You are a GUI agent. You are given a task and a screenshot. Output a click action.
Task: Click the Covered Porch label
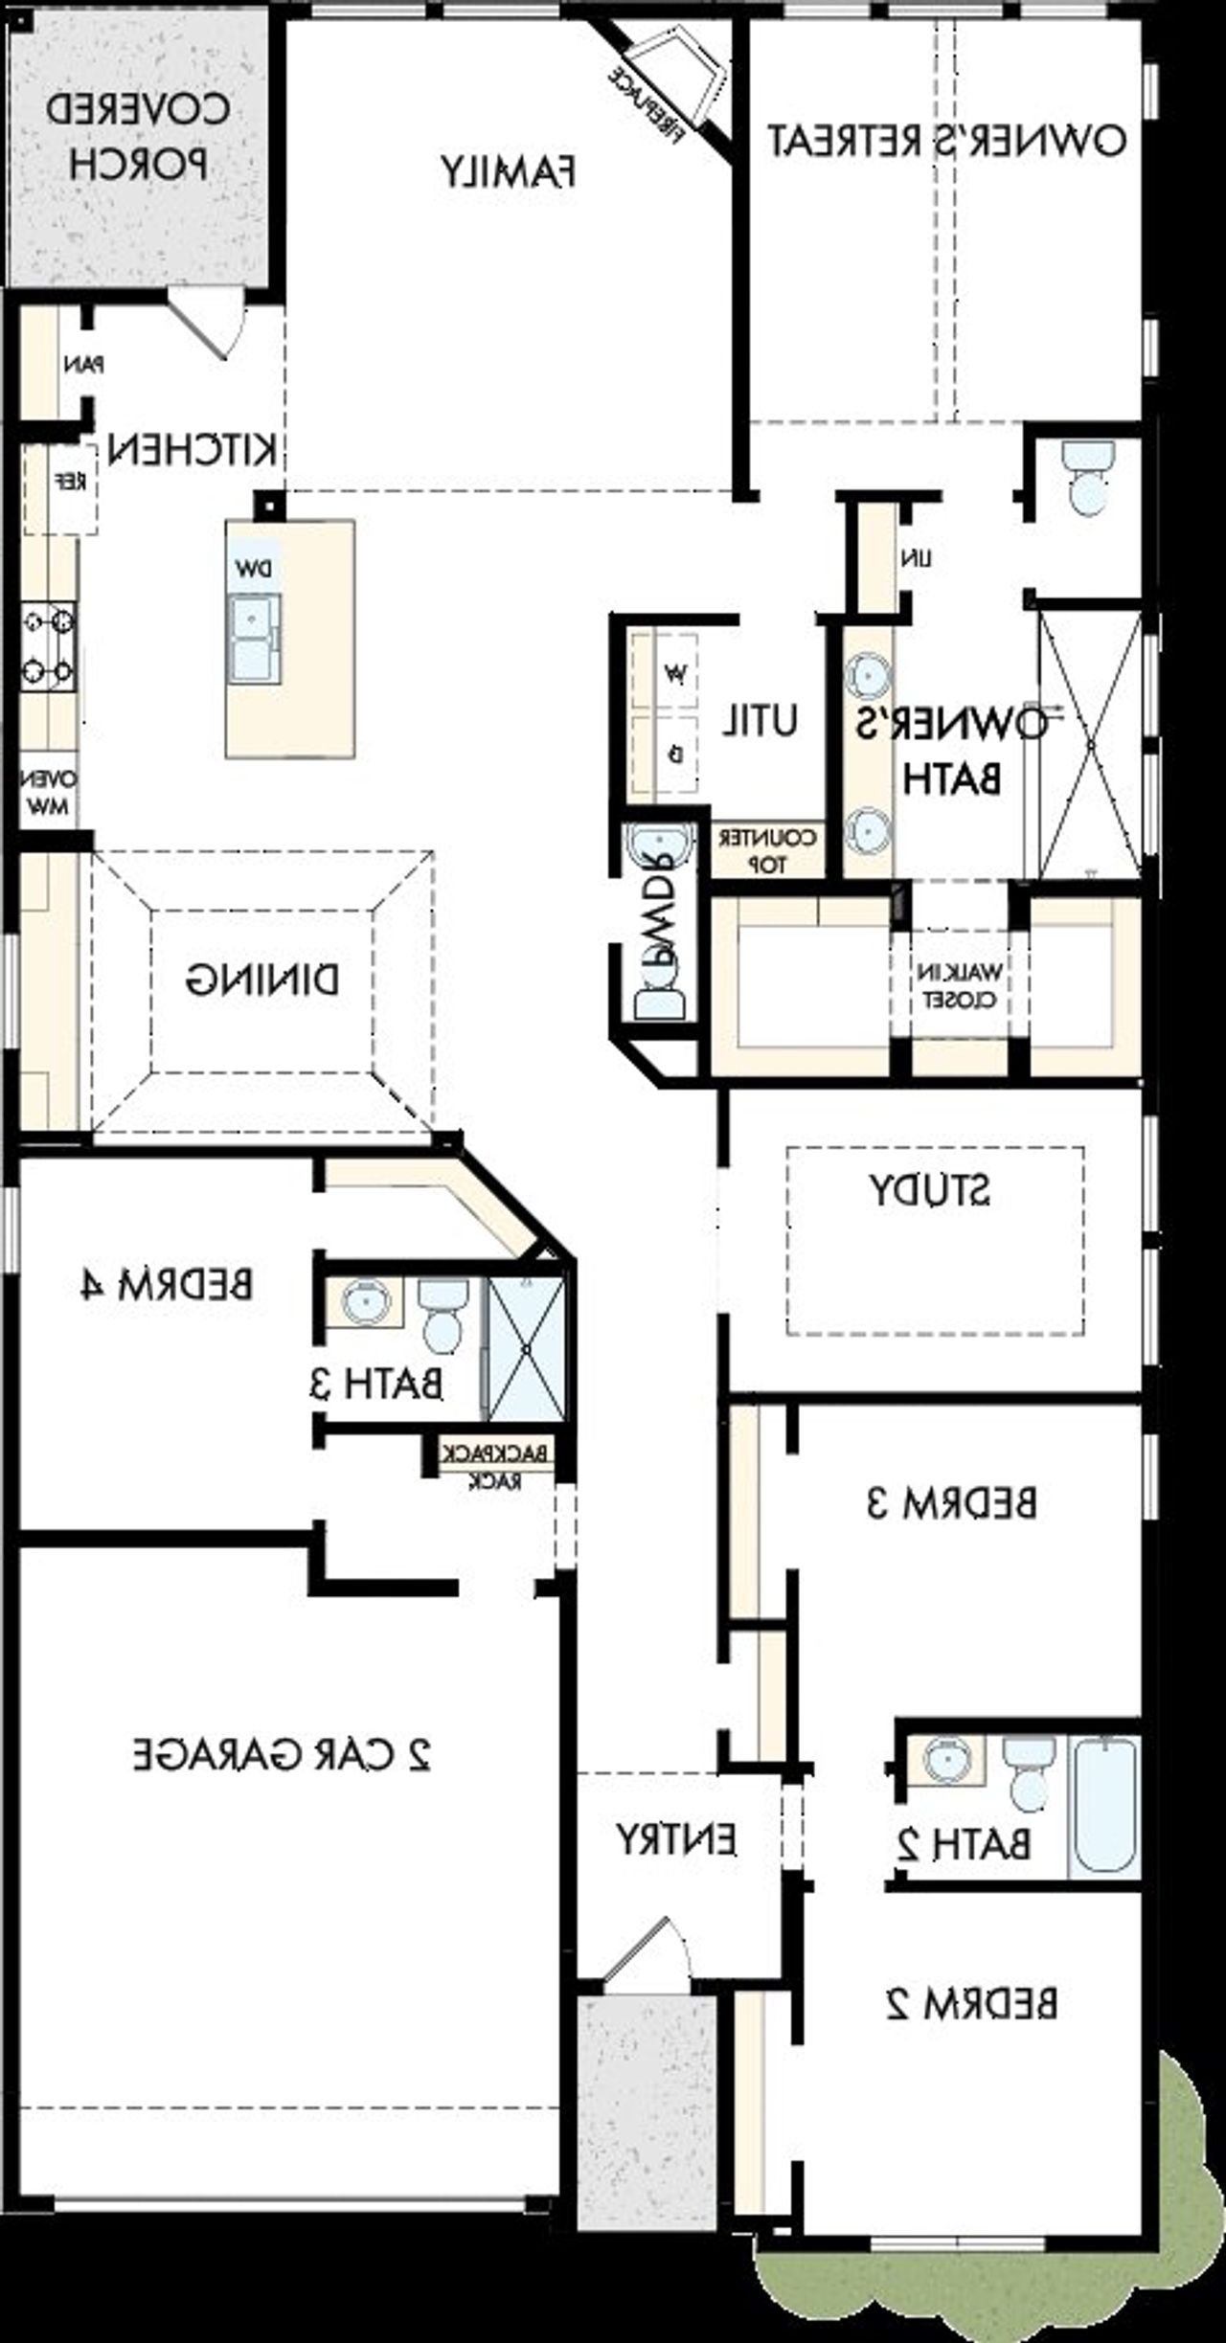pyautogui.click(x=137, y=136)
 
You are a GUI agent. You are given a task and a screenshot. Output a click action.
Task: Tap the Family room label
pyautogui.click(x=508, y=172)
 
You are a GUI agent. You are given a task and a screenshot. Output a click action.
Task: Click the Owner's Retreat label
pyautogui.click(x=946, y=141)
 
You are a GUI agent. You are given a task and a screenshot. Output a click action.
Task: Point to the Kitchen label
pyautogui.click(x=193, y=448)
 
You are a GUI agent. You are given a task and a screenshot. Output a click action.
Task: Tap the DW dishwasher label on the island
pyautogui.click(x=254, y=569)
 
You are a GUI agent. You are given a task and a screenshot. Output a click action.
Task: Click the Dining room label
pyautogui.click(x=261, y=980)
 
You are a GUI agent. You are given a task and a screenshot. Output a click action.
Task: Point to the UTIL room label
pyautogui.click(x=760, y=720)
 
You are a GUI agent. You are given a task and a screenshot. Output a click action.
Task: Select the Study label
pyautogui.click(x=929, y=1189)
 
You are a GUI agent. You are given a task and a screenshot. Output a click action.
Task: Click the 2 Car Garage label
pyautogui.click(x=282, y=1753)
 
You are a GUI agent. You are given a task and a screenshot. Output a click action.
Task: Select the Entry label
pyautogui.click(x=675, y=1838)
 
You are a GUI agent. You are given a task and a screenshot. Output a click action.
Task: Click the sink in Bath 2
pyautogui.click(x=946, y=1760)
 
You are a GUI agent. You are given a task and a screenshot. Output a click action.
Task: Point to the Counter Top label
pyautogui.click(x=767, y=850)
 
